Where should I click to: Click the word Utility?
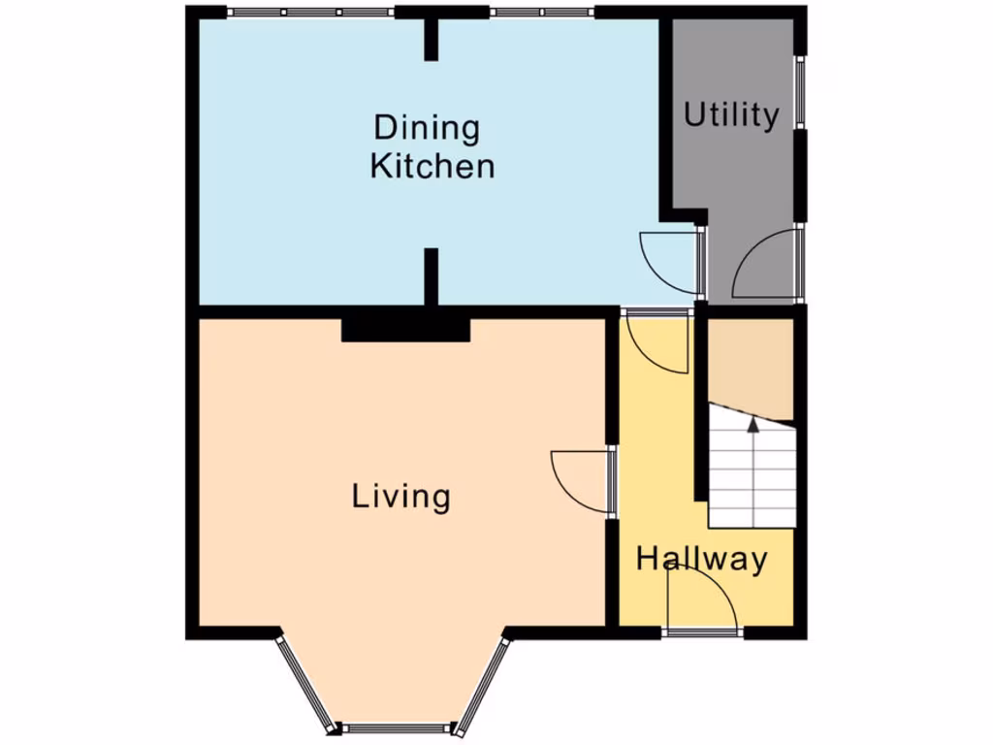tap(731, 115)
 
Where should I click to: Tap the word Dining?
tap(427, 128)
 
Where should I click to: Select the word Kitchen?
tap(432, 166)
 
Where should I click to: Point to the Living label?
tap(400, 497)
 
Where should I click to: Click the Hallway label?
tap(702, 559)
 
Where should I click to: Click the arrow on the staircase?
tap(753, 424)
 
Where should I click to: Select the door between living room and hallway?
tap(582, 480)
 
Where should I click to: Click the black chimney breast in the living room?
tap(405, 328)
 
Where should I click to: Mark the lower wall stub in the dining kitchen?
tap(431, 275)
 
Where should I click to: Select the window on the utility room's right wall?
tap(800, 92)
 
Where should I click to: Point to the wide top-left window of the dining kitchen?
tap(310, 13)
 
